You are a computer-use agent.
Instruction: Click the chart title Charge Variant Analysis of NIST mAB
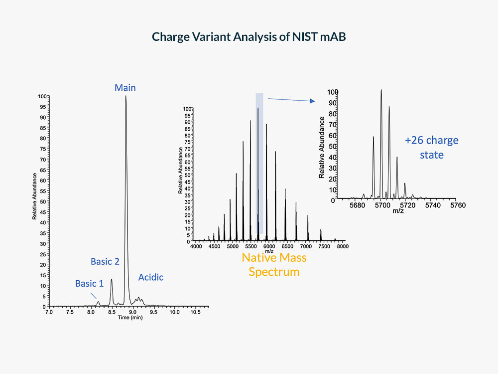[249, 37]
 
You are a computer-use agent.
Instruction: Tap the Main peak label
[125, 88]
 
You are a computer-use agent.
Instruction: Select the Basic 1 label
[89, 284]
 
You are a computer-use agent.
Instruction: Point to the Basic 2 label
[105, 261]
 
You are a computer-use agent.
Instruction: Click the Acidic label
[150, 277]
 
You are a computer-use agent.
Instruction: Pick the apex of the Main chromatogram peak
[125, 96]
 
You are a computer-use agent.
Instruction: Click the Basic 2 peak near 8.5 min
[112, 280]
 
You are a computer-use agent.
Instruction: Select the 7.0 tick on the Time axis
[49, 312]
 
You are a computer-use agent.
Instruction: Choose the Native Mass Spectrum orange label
[274, 265]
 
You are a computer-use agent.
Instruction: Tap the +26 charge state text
[431, 148]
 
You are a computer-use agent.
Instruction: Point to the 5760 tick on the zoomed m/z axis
[457, 205]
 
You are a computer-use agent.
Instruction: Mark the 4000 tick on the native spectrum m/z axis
[195, 246]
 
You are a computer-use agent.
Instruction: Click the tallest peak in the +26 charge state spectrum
[381, 91]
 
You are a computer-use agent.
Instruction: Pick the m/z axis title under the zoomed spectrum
[398, 211]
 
